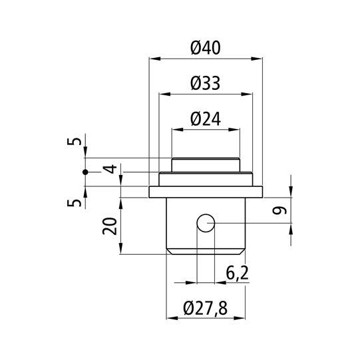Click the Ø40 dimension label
pyautogui.click(x=205, y=48)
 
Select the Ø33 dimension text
pyautogui.click(x=205, y=83)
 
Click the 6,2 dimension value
pyautogui.click(x=238, y=273)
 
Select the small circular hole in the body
pyautogui.click(x=205, y=223)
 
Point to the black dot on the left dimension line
pyautogui.click(x=85, y=172)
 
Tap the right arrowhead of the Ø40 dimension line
pyautogui.click(x=259, y=59)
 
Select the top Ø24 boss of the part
pyautogui.click(x=205, y=164)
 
